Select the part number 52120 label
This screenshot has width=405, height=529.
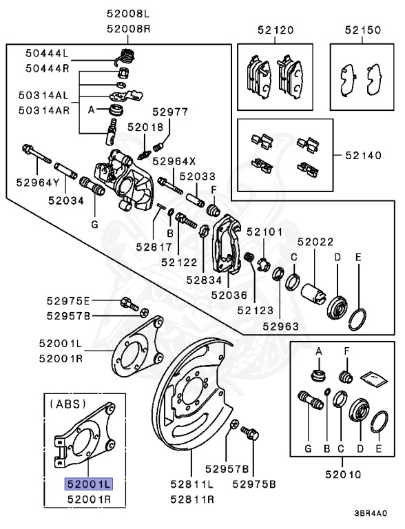tap(276, 30)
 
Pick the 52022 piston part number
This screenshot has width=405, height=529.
tap(315, 242)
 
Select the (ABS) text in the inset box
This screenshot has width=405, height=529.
tap(67, 404)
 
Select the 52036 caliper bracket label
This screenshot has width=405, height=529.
tap(229, 295)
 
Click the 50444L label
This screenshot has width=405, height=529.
tap(48, 52)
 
